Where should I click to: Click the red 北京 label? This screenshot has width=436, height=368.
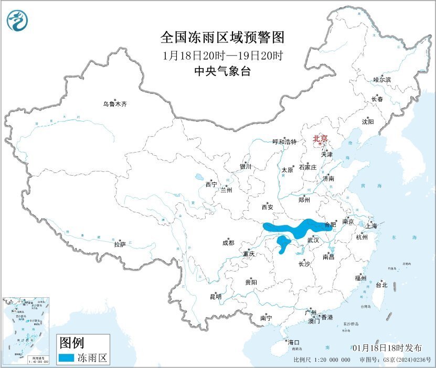[x=320, y=138]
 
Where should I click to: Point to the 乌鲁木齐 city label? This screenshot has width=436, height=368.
[x=115, y=104]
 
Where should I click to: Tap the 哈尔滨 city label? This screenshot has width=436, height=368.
[x=382, y=80]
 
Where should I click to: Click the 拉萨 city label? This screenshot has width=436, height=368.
[x=120, y=244]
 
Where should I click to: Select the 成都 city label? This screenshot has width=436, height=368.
[x=228, y=243]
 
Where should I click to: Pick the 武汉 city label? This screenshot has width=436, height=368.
[x=313, y=240]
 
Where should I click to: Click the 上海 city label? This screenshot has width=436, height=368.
[x=371, y=226]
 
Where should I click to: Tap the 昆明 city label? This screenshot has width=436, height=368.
[x=216, y=297]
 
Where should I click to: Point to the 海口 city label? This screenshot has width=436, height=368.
[x=292, y=342]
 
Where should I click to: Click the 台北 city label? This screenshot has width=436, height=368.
[x=381, y=285]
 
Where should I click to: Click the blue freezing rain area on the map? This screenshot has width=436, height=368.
[x=294, y=228]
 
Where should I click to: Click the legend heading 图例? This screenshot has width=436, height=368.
[x=71, y=343]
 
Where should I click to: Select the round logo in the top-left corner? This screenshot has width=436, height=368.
[x=18, y=20]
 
